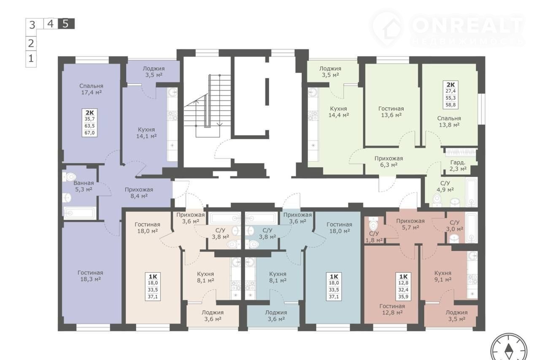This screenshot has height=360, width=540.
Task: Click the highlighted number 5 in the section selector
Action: click(66, 24)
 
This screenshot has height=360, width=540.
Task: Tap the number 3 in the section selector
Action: click(32, 25)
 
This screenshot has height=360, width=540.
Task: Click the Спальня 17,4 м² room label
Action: click(91, 89)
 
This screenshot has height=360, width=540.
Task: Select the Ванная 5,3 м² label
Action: click(84, 186)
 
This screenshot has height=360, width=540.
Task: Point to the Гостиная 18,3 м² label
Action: click(90, 276)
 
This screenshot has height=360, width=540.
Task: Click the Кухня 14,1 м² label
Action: click(146, 132)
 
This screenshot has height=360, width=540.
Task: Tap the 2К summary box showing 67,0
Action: click(90, 123)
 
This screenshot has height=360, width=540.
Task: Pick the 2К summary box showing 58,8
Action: click(451, 95)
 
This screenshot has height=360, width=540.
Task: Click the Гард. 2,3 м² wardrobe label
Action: click(458, 166)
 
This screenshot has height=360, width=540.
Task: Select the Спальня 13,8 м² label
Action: click(449, 121)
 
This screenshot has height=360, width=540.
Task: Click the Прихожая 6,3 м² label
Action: click(389, 161)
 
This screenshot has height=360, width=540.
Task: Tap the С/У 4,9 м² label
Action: click(445, 186)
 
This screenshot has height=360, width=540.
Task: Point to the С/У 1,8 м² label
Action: click(374, 236)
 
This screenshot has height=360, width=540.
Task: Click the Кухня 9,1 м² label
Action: click(443, 276)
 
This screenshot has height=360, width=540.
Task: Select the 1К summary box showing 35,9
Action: click(403, 287)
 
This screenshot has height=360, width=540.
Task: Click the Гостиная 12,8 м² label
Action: click(392, 309)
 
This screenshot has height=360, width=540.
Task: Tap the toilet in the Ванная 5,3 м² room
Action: click(69, 177)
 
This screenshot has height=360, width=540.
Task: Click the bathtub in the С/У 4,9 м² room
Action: click(471, 193)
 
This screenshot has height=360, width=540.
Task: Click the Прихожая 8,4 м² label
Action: click(139, 193)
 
